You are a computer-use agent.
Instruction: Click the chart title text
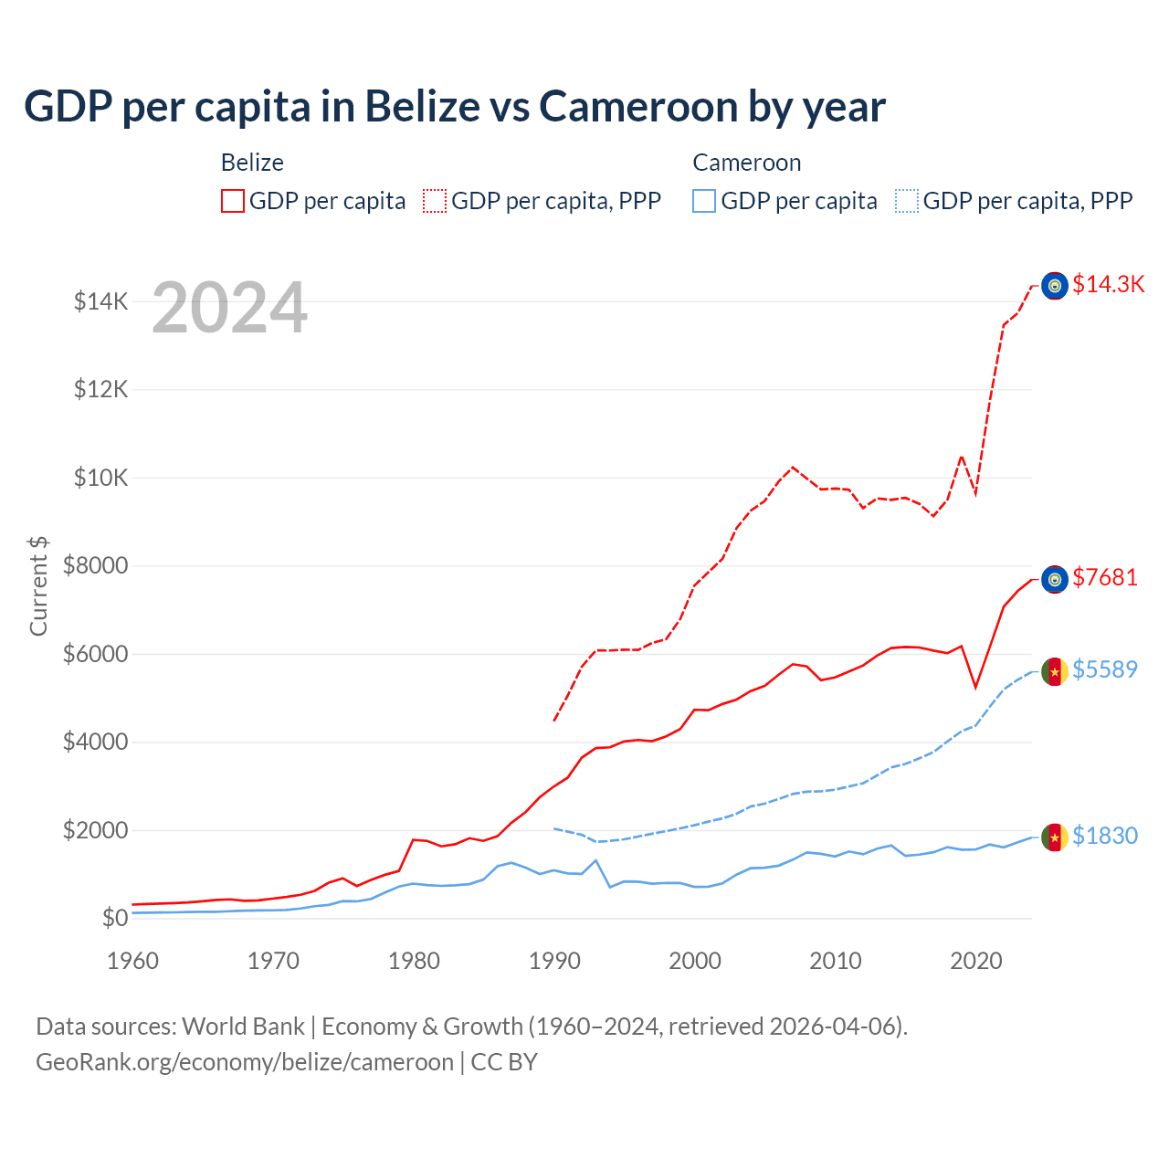pos(455,106)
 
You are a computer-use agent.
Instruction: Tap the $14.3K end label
pos(1108,284)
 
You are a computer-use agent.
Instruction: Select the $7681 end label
pos(1105,577)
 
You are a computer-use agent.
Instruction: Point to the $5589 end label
pos(1105,669)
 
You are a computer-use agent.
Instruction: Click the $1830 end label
pos(1105,836)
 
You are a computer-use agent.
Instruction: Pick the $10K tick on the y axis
pos(100,478)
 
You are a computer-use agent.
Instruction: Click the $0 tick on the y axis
pos(114,918)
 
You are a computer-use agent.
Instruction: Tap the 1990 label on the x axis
pos(554,961)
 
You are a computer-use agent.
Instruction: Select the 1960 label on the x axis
pos(133,961)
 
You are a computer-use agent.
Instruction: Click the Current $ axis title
pos(38,585)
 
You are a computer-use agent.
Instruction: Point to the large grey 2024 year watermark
pos(229,308)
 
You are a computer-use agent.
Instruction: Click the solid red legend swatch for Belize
pos(233,201)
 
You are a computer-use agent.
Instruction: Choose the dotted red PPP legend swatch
pos(435,201)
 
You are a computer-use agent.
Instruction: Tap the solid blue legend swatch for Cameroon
pos(704,201)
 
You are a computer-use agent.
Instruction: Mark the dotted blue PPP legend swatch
pos(907,201)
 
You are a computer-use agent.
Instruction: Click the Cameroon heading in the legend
pos(746,163)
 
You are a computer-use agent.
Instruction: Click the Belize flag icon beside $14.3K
pos(1055,286)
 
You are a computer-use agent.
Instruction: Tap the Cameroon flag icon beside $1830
pos(1055,837)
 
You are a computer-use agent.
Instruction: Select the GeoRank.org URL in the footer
pos(245,1062)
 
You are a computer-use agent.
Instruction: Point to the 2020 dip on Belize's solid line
pos(975,687)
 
